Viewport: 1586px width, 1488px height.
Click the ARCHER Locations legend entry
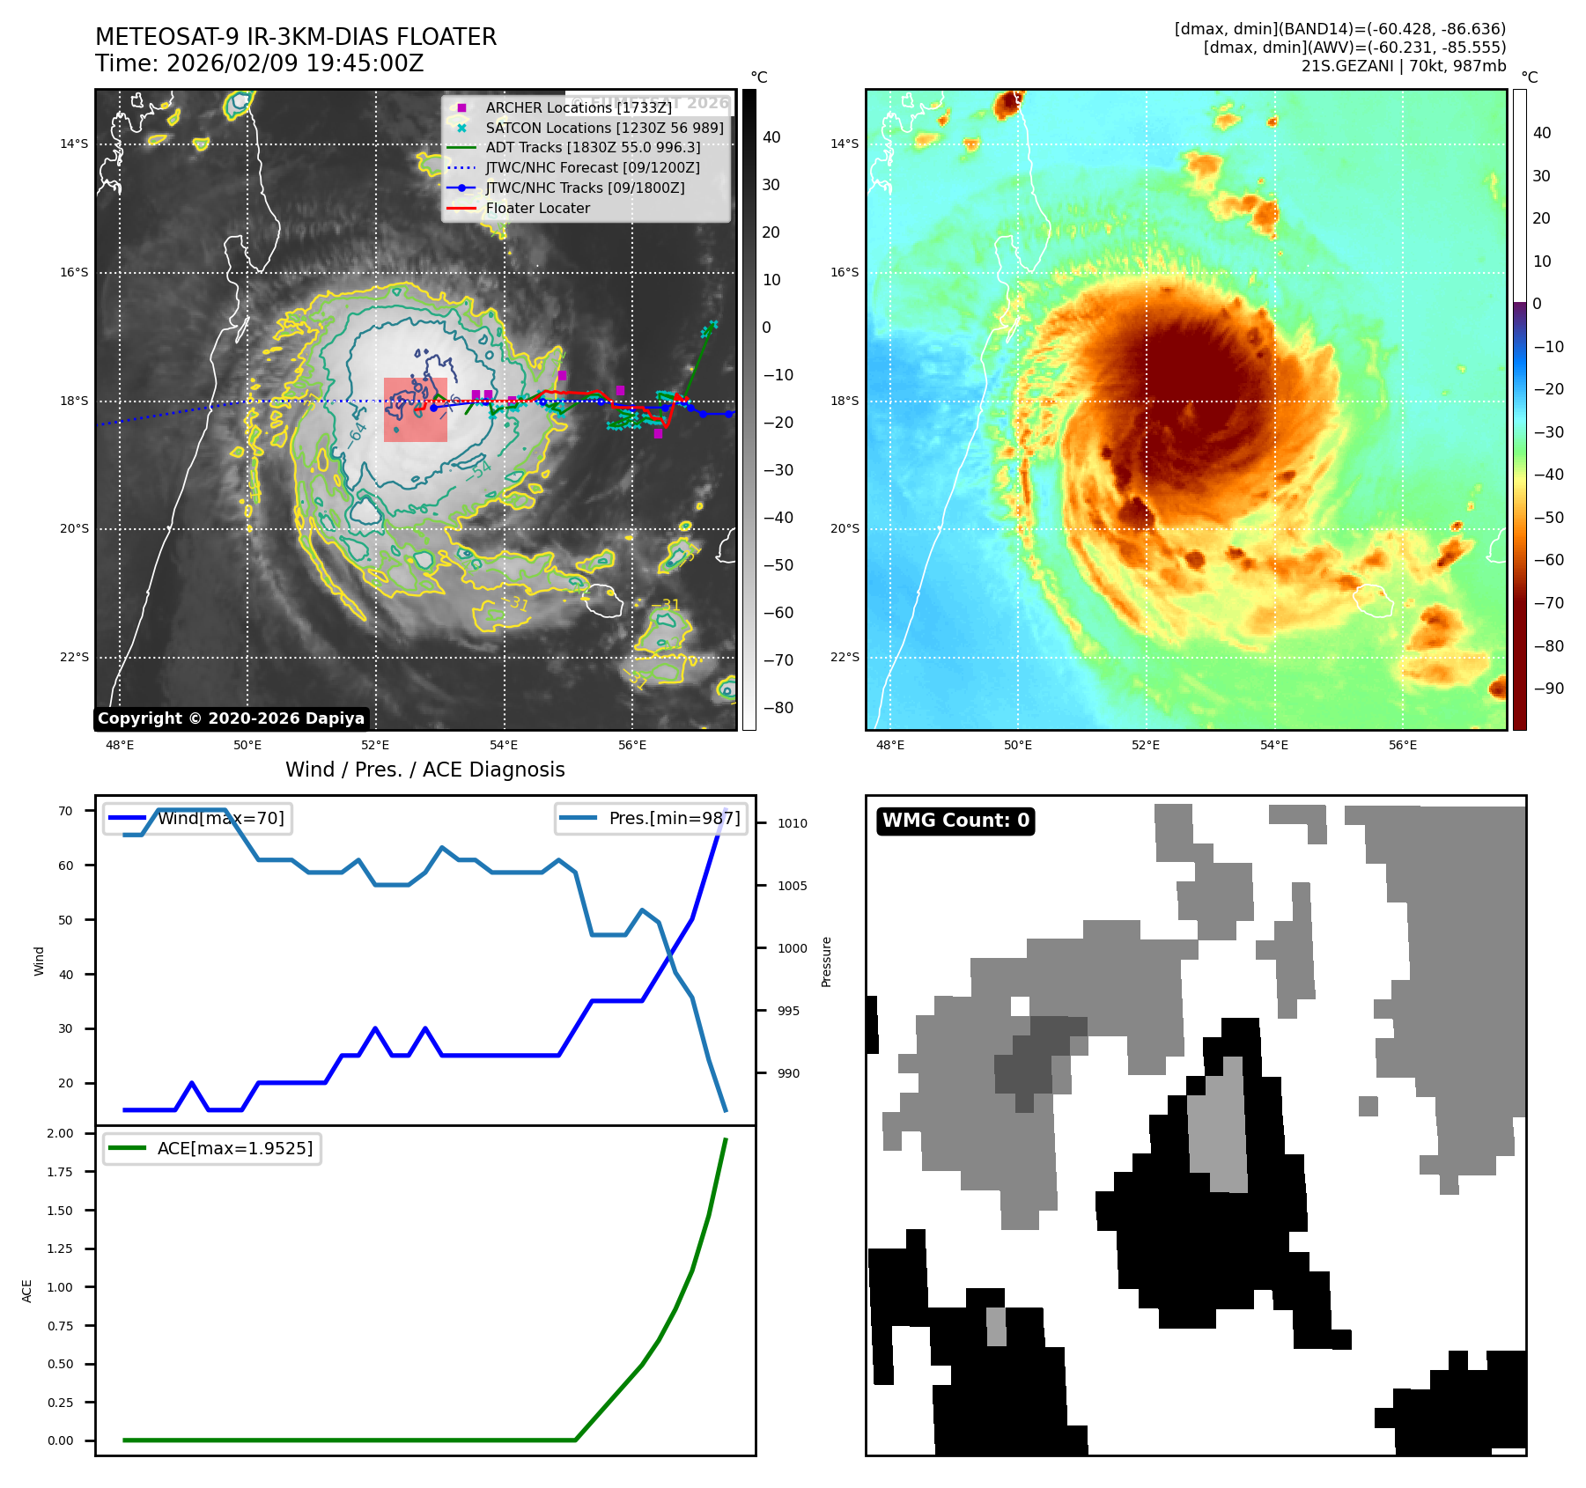click(x=578, y=107)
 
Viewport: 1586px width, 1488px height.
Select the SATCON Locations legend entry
click(x=604, y=128)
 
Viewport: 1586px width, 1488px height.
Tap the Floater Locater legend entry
click(x=537, y=208)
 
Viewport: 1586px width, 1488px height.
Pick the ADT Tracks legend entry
click(x=593, y=148)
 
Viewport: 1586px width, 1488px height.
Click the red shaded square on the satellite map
click(x=416, y=409)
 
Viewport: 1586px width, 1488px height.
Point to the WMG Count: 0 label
click(x=955, y=821)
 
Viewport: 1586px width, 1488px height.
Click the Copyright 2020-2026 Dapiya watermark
click(x=231, y=718)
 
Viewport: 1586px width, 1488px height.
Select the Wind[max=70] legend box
click(x=198, y=819)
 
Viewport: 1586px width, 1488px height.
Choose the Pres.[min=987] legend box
click(x=652, y=819)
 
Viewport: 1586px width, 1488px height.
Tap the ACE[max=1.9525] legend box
click(x=212, y=1148)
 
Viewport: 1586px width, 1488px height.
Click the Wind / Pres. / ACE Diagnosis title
click(x=425, y=770)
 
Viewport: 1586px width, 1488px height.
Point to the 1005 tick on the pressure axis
click(x=792, y=886)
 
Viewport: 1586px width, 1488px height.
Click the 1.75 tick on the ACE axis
click(x=61, y=1172)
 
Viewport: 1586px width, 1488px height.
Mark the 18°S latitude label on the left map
click(x=74, y=401)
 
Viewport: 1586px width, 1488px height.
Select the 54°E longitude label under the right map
click(x=1273, y=745)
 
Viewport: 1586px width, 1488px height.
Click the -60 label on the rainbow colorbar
click(x=1548, y=560)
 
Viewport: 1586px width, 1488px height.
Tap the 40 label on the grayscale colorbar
click(x=771, y=137)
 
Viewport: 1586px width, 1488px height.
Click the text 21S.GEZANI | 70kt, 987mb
click(x=1404, y=66)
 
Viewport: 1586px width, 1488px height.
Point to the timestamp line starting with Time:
click(x=260, y=63)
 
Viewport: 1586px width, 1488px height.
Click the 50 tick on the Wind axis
click(x=66, y=920)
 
